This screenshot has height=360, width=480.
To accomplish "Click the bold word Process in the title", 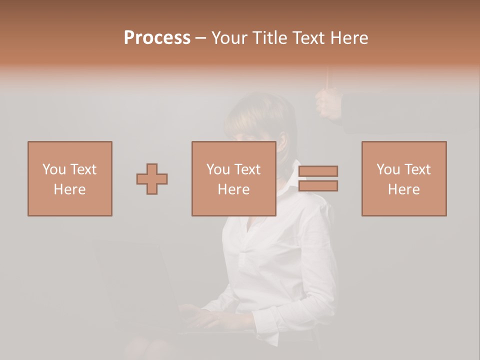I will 157,38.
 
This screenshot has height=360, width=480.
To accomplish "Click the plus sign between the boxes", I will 152,178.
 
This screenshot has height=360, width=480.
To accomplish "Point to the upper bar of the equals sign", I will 318,171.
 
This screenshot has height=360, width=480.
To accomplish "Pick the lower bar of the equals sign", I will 318,186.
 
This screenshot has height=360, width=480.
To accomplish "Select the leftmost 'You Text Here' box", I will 69,178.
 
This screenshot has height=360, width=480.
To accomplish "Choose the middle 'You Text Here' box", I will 233,178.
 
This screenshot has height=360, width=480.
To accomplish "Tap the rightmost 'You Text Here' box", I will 403,178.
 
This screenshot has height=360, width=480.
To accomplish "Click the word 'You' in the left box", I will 54,169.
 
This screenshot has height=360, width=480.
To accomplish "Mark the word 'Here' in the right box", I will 403,189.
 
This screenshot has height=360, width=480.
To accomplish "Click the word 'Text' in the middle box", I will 247,169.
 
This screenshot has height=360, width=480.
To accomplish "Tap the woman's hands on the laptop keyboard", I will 200,315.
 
